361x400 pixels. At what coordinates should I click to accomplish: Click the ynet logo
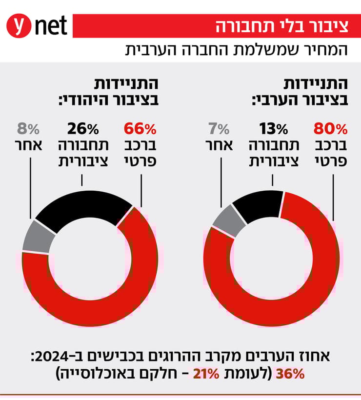click(37, 26)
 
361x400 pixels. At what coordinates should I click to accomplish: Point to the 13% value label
click(273, 129)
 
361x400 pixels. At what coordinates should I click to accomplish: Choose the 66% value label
click(140, 129)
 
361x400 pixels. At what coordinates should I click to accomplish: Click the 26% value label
click(83, 129)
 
